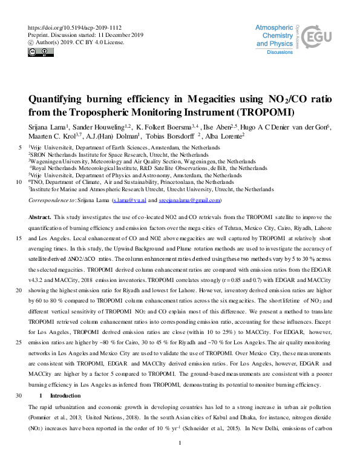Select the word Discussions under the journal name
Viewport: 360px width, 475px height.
click(x=280, y=53)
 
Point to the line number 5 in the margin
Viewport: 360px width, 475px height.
click(x=22, y=148)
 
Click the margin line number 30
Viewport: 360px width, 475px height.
click(x=21, y=395)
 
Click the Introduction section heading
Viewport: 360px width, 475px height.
click(x=66, y=395)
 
